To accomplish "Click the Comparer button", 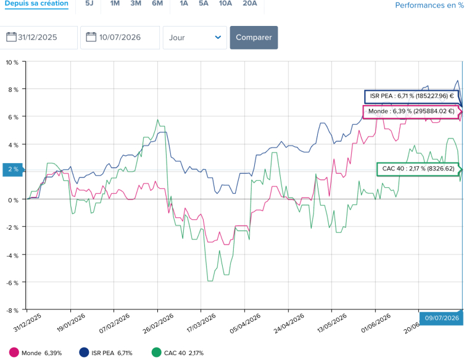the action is point(254,38).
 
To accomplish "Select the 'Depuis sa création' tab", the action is point(36,4).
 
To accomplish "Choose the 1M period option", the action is point(115,4).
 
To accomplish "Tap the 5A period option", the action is point(204,4).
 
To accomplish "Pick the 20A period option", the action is point(250,4).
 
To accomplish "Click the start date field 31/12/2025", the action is point(39,38).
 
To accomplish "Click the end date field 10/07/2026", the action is point(120,38).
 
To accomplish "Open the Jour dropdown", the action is point(195,38).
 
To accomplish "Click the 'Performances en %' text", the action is point(430,6).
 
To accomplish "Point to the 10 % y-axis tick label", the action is point(12,62).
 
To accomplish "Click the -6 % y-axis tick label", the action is point(12,283).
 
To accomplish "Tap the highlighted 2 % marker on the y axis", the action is point(12,169).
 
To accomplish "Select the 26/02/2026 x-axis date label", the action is point(158,324).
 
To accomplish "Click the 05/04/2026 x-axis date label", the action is point(245,324).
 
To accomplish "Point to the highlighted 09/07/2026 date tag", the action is point(441,318).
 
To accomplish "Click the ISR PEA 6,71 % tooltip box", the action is point(412,96).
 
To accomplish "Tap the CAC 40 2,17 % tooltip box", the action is point(418,169).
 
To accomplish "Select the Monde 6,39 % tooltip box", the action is point(411,111).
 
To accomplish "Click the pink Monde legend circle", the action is point(14,353).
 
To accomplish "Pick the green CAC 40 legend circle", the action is point(156,353).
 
